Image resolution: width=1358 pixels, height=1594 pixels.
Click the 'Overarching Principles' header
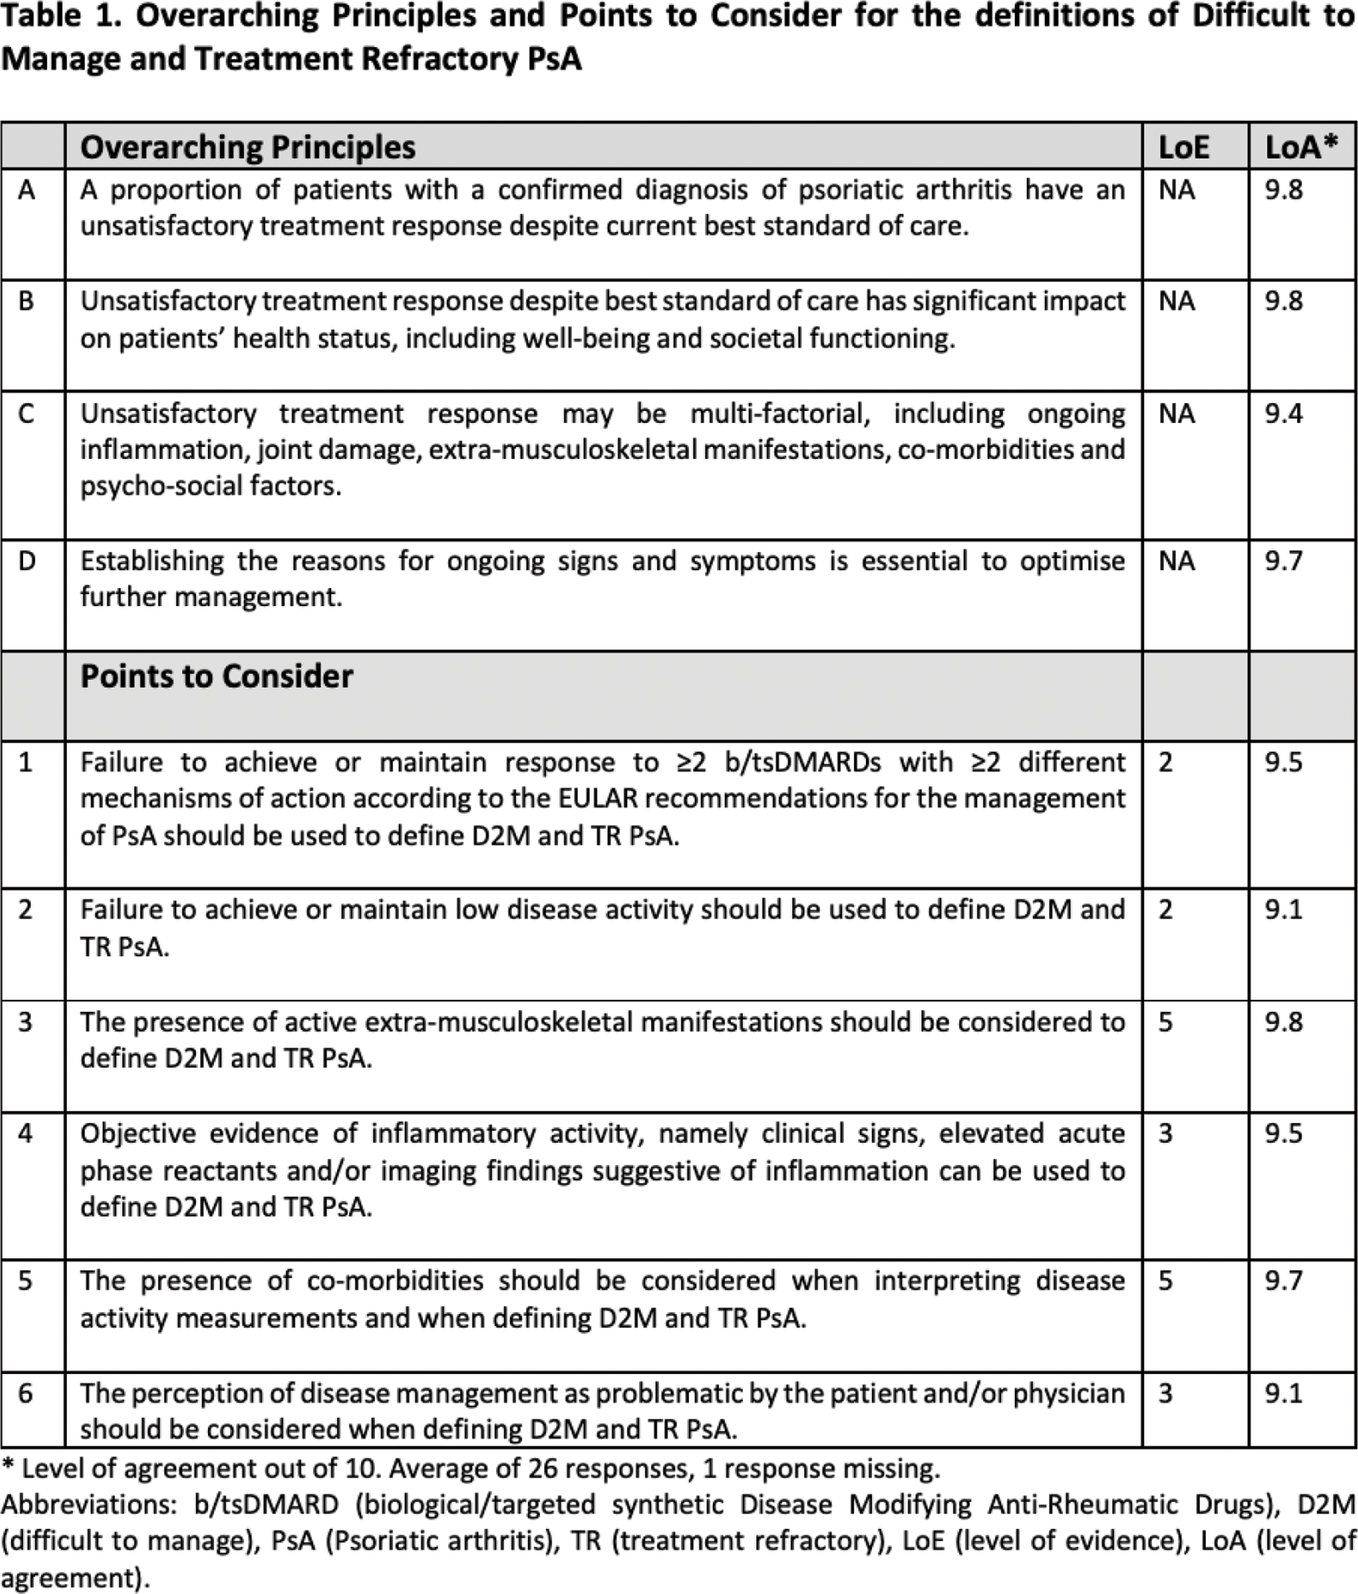248,147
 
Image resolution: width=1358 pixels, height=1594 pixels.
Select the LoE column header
1183,147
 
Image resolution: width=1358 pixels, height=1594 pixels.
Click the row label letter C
26,414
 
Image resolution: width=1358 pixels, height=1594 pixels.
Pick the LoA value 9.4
1284,414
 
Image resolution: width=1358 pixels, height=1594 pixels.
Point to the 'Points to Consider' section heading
217,677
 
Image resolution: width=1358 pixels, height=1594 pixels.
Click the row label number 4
26,1133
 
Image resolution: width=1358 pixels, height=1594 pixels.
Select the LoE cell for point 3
1166,1022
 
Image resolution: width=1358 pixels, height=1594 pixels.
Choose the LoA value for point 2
1284,910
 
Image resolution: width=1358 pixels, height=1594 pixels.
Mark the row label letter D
26,561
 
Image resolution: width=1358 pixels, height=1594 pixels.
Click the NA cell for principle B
1177,301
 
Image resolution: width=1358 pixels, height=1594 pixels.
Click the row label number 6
26,1393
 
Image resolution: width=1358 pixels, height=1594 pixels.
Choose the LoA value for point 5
1284,1281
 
